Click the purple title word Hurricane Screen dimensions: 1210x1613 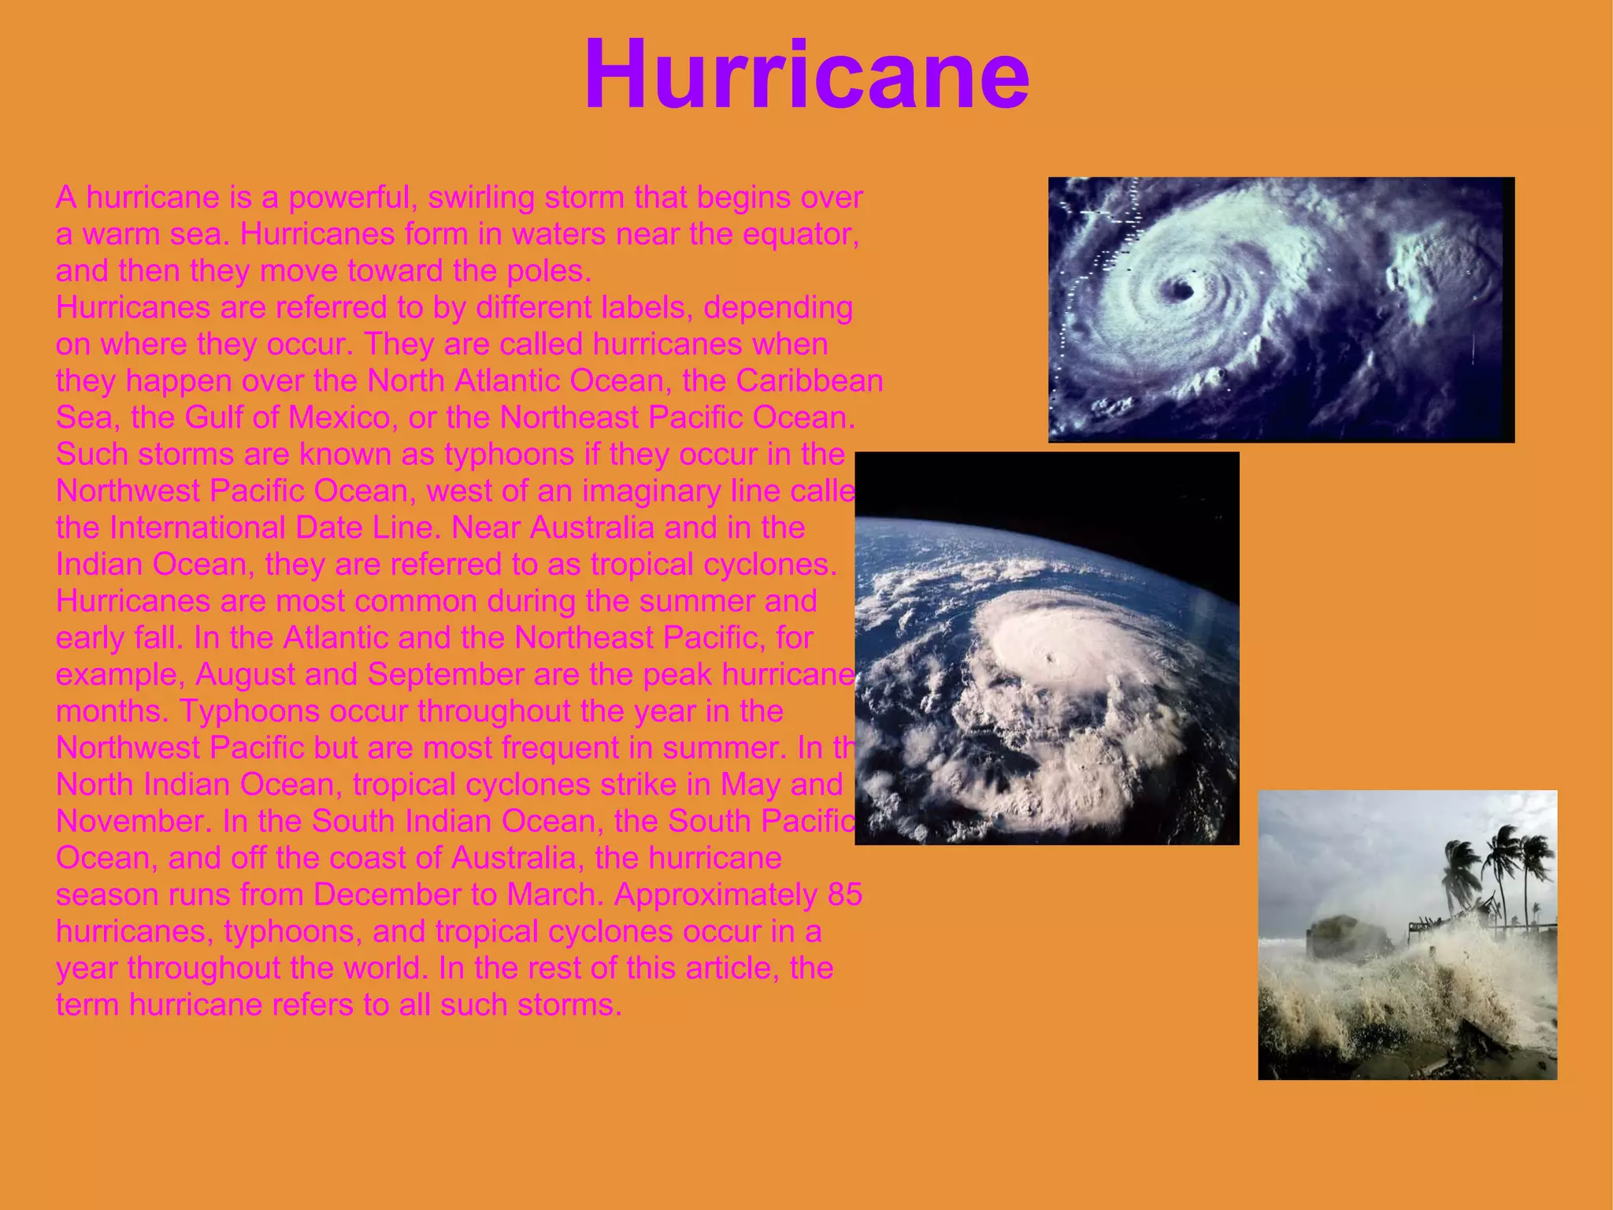806,76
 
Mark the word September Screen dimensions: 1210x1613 445,674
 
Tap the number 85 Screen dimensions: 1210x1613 845,895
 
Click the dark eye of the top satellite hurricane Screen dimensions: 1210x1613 1181,290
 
